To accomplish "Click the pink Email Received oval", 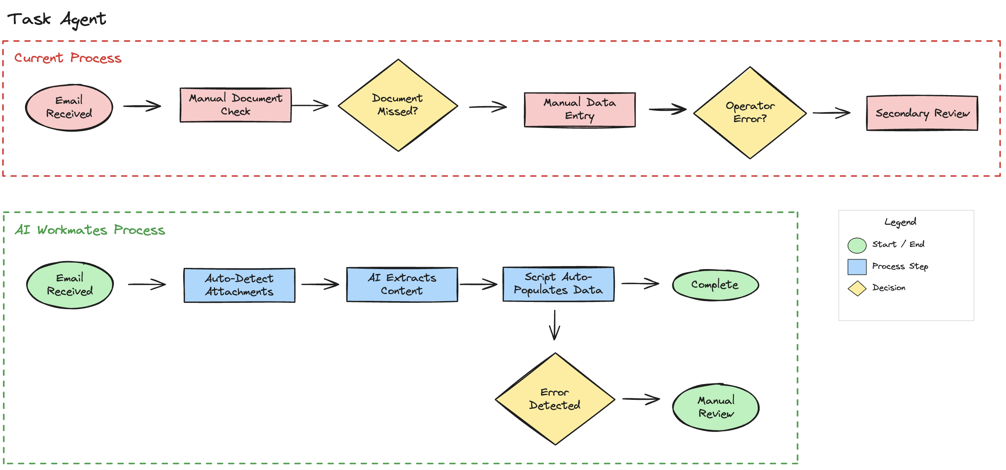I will coord(69,107).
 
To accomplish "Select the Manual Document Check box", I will coord(236,105).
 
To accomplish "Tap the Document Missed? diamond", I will coord(398,105).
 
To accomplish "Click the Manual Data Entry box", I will coord(580,110).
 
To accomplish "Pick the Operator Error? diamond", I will coord(750,113).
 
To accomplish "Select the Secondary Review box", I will coord(922,113).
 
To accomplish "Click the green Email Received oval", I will coord(70,285).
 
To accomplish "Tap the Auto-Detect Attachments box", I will coord(239,285).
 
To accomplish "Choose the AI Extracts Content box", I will coord(402,285).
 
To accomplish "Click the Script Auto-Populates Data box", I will coord(558,284).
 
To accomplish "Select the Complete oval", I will coord(715,285).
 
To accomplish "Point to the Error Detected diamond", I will coord(555,399).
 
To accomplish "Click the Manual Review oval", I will coord(716,407).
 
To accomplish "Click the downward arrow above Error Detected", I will coord(555,325).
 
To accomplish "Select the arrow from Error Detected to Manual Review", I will coord(641,399).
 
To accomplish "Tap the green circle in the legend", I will coord(857,245).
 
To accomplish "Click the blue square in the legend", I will coord(857,267).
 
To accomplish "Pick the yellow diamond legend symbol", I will coord(857,288).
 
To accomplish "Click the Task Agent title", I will coord(57,19).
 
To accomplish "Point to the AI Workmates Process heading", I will coord(90,230).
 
